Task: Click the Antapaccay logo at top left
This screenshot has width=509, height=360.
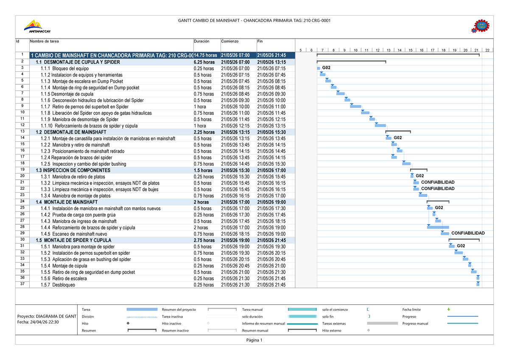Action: click(38, 26)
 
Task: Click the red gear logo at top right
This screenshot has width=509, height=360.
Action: click(480, 26)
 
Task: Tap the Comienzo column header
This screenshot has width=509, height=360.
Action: click(230, 41)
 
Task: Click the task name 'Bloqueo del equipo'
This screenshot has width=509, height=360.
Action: click(64, 68)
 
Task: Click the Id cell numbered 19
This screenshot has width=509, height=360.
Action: click(22, 170)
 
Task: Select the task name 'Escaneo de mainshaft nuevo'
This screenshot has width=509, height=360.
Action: click(74, 234)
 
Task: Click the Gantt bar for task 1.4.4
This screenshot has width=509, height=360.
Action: click(438, 227)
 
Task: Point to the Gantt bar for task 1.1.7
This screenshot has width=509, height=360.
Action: click(355, 106)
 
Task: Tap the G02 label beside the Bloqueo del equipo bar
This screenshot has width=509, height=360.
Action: click(326, 68)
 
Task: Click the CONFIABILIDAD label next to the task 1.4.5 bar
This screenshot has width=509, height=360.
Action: click(467, 233)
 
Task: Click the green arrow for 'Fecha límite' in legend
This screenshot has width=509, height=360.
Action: click(450, 309)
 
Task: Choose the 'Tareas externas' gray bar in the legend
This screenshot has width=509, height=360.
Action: click(382, 323)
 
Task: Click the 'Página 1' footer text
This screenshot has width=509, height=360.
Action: click(254, 340)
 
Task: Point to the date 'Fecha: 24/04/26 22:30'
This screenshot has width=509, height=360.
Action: click(38, 322)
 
